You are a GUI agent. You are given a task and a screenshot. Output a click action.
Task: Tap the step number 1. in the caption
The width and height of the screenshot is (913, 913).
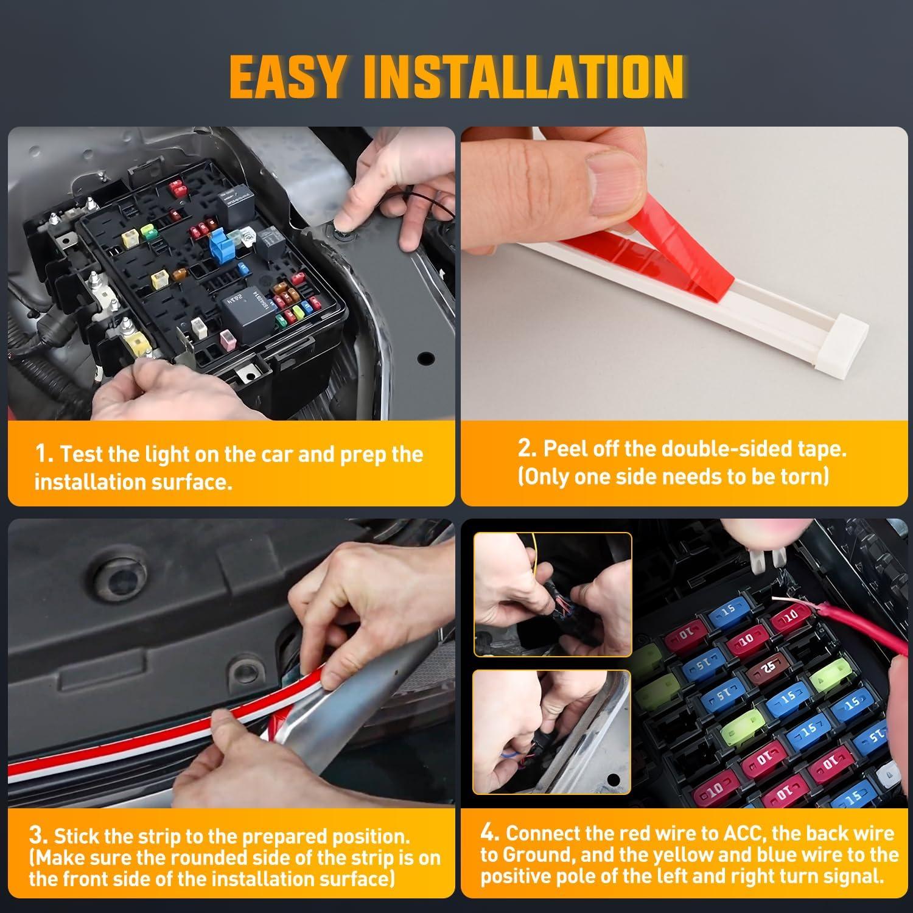point(44,454)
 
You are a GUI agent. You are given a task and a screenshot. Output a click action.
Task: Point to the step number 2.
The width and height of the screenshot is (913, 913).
point(526,448)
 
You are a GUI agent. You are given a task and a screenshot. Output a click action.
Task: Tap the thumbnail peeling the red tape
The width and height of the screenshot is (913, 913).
point(684,273)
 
